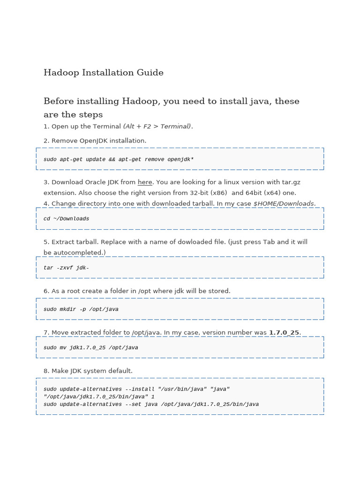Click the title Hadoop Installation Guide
click(x=104, y=73)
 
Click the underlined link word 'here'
click(x=145, y=182)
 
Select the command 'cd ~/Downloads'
click(x=66, y=219)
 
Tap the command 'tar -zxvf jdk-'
click(x=66, y=268)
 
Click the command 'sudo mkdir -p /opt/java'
click(x=81, y=309)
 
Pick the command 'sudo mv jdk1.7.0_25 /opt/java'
click(x=91, y=348)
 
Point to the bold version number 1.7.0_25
click(x=284, y=333)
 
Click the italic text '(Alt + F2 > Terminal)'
click(x=157, y=127)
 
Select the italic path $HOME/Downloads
click(x=284, y=204)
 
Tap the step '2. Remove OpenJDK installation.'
click(x=95, y=141)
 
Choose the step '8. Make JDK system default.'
click(x=88, y=371)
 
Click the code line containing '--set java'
click(x=151, y=405)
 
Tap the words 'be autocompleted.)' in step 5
click(x=75, y=253)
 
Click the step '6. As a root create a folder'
click(x=137, y=291)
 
